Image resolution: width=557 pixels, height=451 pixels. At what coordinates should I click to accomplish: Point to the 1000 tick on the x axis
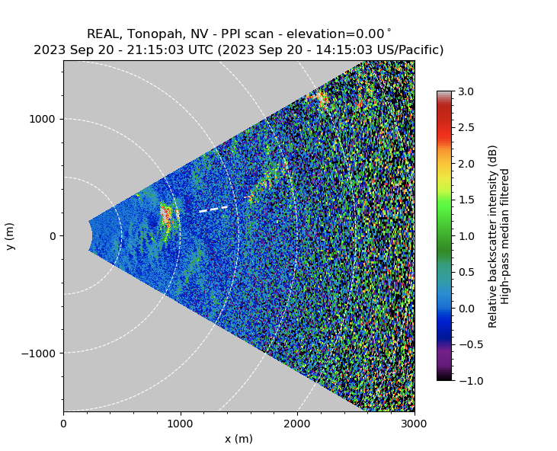click(x=181, y=423)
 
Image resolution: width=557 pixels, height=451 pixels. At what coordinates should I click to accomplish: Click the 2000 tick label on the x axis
click(x=297, y=423)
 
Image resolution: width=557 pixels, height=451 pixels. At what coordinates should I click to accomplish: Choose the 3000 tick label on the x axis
click(x=414, y=423)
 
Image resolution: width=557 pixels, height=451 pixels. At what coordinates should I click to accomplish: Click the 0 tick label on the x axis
click(x=63, y=423)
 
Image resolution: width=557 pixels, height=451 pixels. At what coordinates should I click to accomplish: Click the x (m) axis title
click(x=238, y=439)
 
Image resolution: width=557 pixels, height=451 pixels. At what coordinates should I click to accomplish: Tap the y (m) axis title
click(x=10, y=236)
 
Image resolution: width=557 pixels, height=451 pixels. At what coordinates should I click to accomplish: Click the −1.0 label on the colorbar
click(x=466, y=380)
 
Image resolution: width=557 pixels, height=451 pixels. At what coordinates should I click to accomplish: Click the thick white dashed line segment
click(x=213, y=208)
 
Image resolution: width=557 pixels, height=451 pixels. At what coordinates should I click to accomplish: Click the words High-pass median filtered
click(x=504, y=236)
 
